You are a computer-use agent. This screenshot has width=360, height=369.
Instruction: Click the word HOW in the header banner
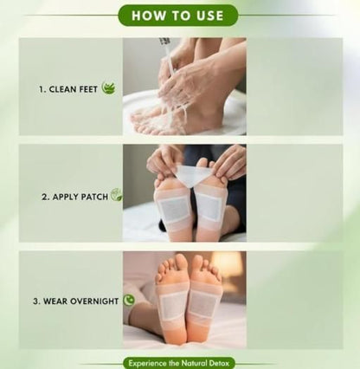pos(150,15)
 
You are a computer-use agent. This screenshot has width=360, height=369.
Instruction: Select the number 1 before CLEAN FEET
pos(40,88)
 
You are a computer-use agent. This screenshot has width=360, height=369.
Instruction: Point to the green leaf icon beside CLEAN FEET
pos(108,87)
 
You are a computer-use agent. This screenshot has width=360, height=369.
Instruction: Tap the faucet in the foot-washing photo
pos(164,45)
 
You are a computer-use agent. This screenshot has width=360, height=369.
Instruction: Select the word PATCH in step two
pos(94,197)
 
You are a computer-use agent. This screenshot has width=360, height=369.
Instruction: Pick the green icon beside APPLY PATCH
pos(116,196)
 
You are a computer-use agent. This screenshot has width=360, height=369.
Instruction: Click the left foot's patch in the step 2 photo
pos(175,210)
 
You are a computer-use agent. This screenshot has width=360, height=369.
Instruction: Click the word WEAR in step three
pos(56,301)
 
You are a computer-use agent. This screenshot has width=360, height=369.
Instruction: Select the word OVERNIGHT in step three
pos(94,301)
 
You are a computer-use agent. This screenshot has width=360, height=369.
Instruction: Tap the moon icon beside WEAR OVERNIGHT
pos(129,301)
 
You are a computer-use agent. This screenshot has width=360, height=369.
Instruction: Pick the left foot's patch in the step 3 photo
pos(173,305)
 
